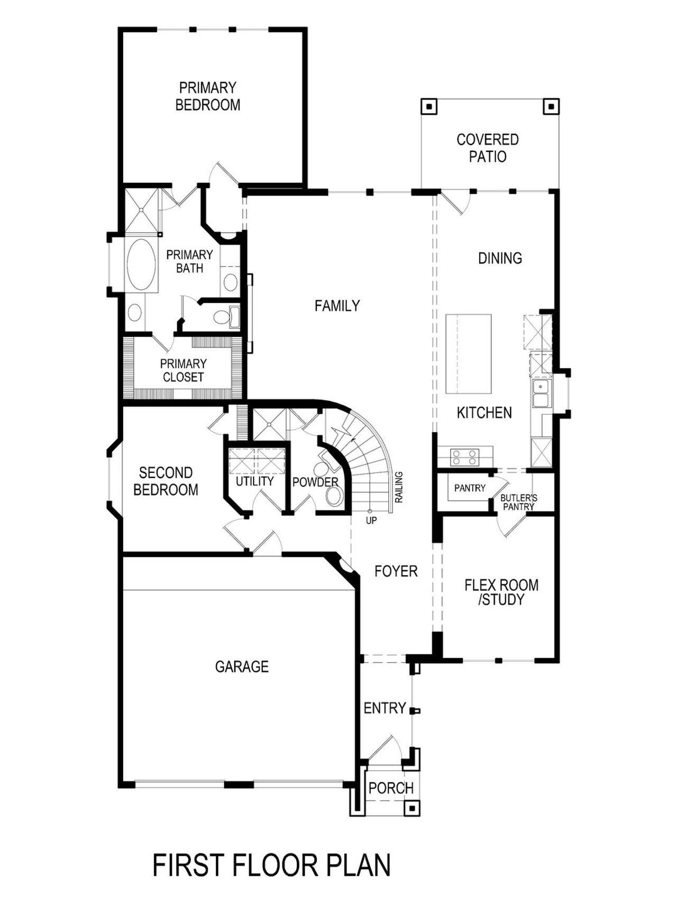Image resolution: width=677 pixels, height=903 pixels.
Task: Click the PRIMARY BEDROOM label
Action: [x=207, y=96]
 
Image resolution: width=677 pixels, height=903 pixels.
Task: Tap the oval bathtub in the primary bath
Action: [x=142, y=264]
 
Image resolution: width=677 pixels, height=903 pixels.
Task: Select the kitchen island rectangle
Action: [x=468, y=353]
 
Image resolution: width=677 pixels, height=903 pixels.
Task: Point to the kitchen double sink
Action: [x=541, y=393]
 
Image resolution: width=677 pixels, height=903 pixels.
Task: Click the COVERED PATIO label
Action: [x=488, y=148]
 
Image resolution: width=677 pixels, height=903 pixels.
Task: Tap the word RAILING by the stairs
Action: [x=399, y=487]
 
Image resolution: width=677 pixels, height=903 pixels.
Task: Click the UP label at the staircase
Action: [x=371, y=521]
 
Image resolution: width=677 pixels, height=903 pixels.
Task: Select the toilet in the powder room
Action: [x=333, y=496]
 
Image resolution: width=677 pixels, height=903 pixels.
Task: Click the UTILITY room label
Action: [x=254, y=481]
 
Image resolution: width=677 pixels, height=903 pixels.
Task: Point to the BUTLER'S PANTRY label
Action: [x=518, y=502]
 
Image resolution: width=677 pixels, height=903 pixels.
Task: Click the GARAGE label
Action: [x=242, y=667]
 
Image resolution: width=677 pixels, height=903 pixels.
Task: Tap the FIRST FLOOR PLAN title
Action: [x=271, y=865]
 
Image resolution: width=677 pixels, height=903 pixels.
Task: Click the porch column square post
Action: [x=411, y=808]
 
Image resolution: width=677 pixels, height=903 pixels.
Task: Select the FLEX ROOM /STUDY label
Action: [x=501, y=592]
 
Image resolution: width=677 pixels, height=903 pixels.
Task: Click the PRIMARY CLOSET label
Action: [x=183, y=370]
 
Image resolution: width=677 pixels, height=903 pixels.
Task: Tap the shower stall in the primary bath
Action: [x=142, y=210]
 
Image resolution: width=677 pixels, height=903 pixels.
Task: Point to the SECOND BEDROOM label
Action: [x=166, y=481]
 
